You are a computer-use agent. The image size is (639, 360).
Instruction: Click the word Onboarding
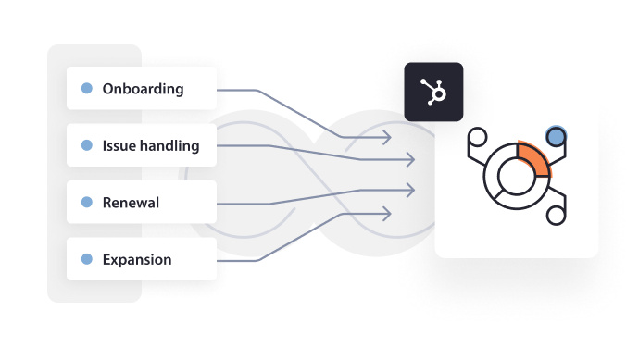(143, 89)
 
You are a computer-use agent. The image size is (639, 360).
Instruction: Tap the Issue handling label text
(150, 145)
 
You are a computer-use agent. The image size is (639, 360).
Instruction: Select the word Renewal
(131, 203)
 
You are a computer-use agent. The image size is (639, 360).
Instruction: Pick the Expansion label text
(137, 260)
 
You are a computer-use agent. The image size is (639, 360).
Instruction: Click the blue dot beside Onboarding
(87, 89)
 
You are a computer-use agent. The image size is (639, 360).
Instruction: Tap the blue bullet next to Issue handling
(87, 145)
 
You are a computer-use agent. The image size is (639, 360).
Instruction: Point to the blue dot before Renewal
(87, 203)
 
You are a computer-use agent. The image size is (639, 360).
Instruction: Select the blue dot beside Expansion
(87, 260)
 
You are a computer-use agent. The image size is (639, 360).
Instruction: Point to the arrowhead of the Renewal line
(408, 189)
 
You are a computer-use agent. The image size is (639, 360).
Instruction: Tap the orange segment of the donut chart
(536, 158)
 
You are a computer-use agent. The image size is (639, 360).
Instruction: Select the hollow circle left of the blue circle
(479, 138)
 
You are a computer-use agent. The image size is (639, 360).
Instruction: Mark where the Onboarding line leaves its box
(219, 90)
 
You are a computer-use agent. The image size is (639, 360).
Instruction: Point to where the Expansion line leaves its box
(219, 261)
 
